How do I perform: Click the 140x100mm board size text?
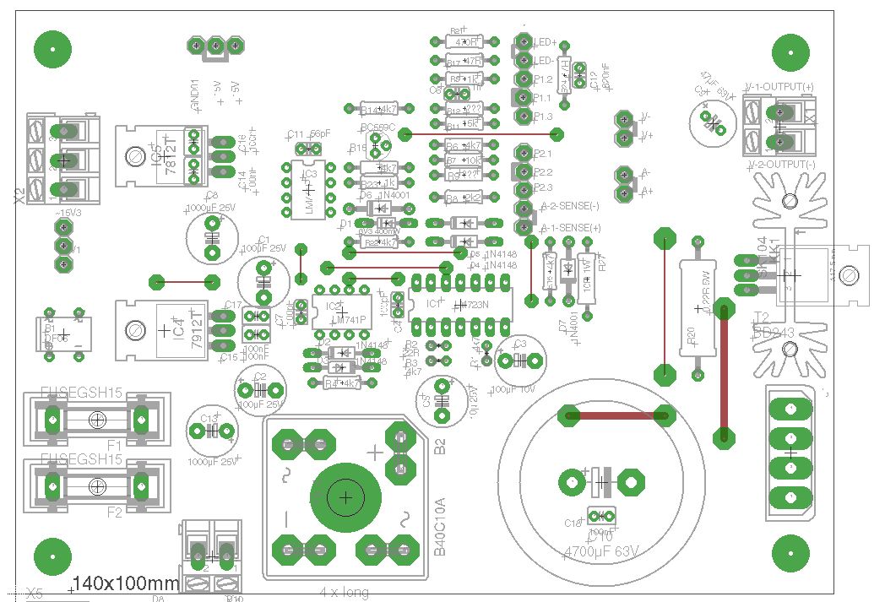point(126,583)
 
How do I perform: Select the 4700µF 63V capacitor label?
point(600,552)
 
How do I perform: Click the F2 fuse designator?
point(114,512)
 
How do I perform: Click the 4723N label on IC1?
point(472,305)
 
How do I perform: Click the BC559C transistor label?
point(377,128)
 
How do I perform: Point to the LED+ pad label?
point(545,41)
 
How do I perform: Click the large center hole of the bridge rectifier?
point(345,498)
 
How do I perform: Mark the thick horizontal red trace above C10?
point(616,415)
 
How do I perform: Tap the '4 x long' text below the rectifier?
point(344,592)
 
